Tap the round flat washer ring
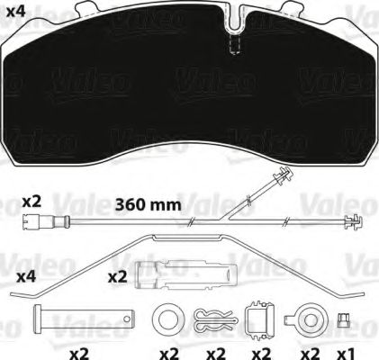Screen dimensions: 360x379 tap(166, 319)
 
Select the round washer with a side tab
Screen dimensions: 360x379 tap(306, 319)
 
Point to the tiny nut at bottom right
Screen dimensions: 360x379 tap(344, 319)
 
